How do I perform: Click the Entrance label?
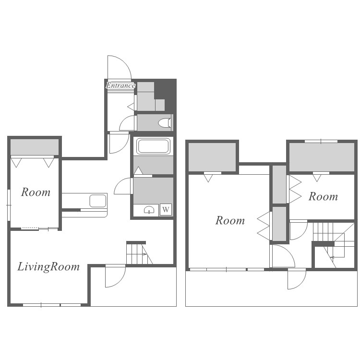pos(120,85)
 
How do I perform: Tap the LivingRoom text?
pos(48,267)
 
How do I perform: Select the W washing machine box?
pos(166,209)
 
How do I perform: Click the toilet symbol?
pos(164,123)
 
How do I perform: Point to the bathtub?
pos(154,146)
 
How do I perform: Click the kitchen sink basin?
pos(98,201)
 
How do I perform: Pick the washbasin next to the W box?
pos(149,210)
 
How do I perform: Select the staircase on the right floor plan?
pos(334,244)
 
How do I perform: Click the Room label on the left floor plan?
pos(36,192)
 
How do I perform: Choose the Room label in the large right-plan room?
pos(230,220)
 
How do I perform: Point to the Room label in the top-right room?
pos(323,196)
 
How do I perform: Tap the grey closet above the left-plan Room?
pos(35,147)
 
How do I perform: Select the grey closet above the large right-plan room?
pos(212,157)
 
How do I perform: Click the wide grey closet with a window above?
pos(322,157)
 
